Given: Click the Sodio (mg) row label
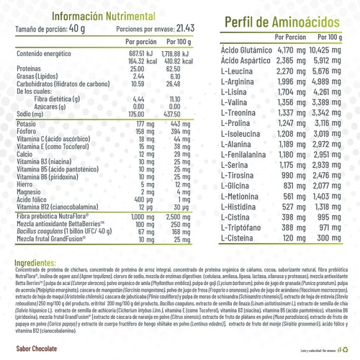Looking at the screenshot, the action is point(31,114).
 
